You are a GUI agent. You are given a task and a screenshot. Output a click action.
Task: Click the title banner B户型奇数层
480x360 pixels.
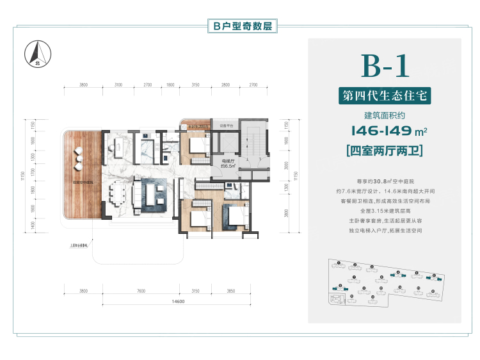pyautogui.click(x=240, y=26)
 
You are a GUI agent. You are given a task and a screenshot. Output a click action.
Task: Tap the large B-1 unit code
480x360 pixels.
pyautogui.click(x=385, y=66)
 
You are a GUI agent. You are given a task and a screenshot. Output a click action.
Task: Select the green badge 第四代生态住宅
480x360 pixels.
pyautogui.click(x=385, y=97)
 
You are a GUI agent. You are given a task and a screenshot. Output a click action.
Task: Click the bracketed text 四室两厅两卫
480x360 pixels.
pyautogui.click(x=385, y=152)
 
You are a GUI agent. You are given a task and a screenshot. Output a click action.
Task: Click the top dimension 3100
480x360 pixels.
pyautogui.click(x=118, y=85)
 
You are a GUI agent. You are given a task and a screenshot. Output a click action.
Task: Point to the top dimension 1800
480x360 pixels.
pyautogui.click(x=170, y=85)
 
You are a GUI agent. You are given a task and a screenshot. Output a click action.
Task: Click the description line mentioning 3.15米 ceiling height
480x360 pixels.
pyautogui.click(x=385, y=209)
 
